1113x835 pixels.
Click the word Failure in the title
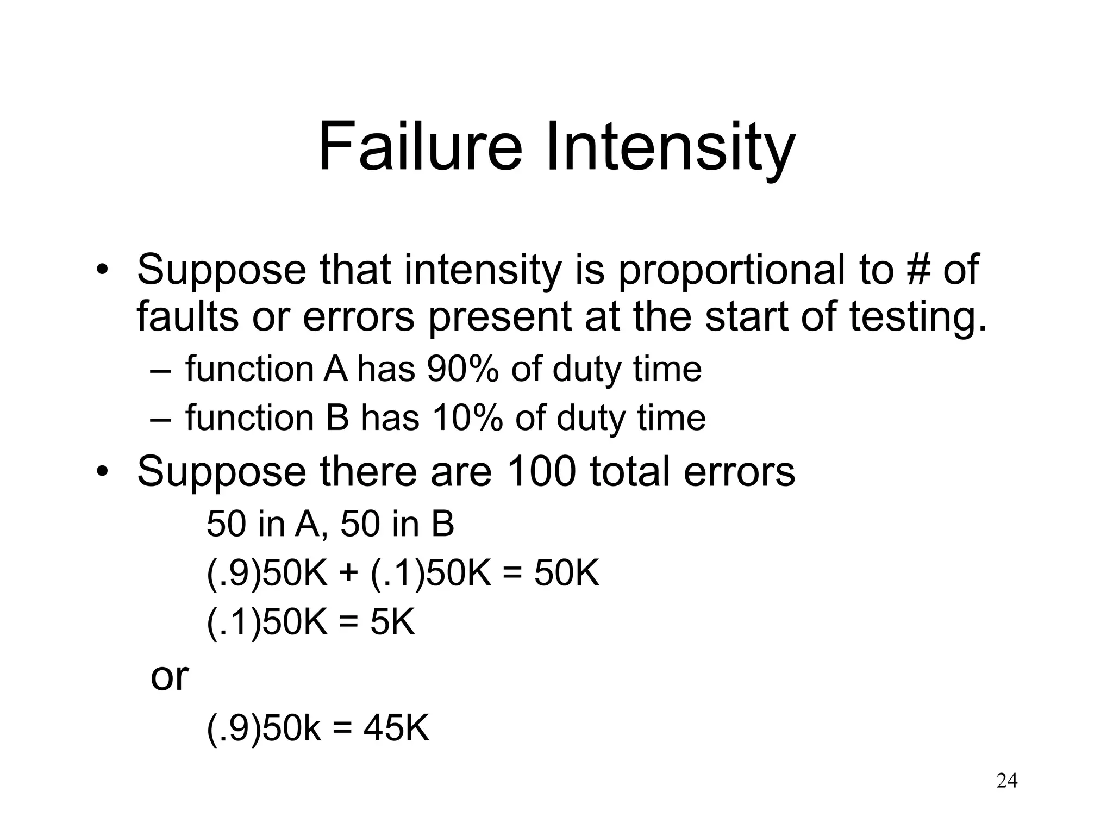(420, 147)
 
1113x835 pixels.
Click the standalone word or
(169, 676)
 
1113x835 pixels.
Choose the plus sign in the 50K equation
(349, 573)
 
